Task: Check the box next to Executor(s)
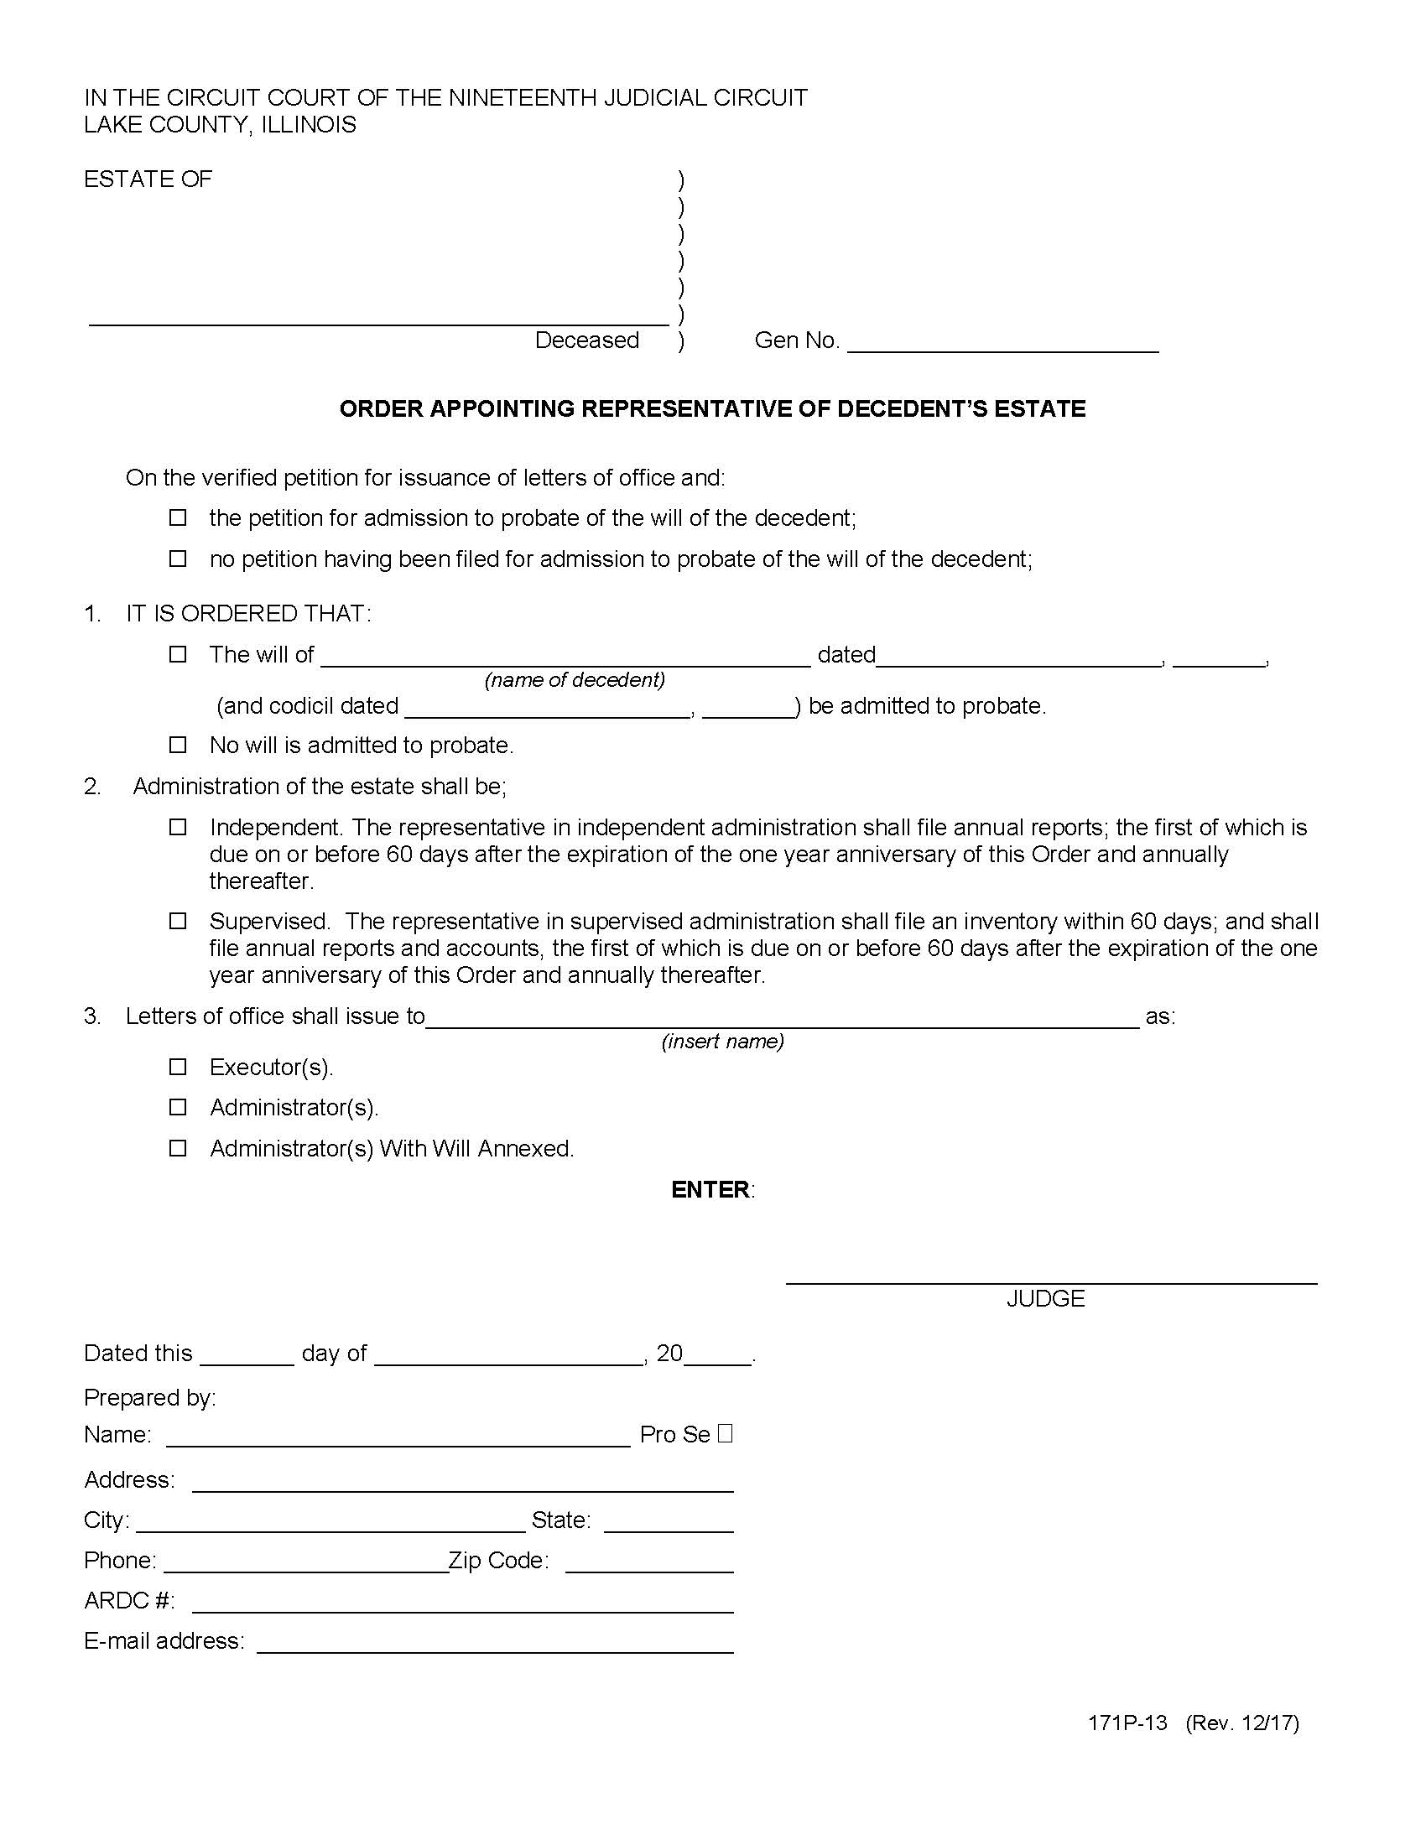[177, 1067]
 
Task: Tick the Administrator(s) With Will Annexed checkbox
[177, 1148]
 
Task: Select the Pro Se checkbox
[725, 1433]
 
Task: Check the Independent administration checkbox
[177, 827]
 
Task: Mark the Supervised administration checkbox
[177, 921]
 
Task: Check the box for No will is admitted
[177, 745]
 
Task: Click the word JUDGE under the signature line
[1045, 1298]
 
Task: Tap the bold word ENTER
[710, 1189]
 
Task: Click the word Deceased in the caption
[587, 340]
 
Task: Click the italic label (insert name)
[722, 1041]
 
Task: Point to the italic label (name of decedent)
[575, 680]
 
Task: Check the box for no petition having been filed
[177, 559]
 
